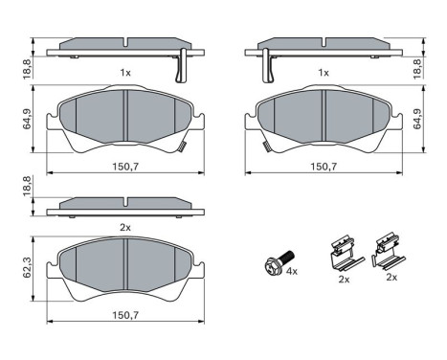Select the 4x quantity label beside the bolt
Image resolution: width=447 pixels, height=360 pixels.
(x=292, y=273)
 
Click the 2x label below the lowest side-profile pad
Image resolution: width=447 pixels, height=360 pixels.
(x=124, y=228)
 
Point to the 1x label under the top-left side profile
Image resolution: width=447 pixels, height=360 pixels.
(x=124, y=73)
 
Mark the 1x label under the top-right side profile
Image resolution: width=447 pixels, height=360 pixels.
(x=324, y=73)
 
